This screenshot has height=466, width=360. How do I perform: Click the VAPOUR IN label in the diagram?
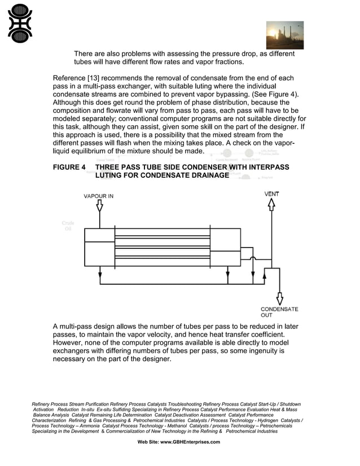point(98,196)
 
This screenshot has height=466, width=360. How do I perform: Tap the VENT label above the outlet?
point(271,194)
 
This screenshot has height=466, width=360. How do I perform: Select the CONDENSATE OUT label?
point(279,312)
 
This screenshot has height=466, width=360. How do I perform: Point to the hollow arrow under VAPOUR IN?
point(99,206)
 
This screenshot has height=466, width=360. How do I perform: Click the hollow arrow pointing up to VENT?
point(271,204)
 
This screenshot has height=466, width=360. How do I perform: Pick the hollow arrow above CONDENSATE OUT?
point(279,297)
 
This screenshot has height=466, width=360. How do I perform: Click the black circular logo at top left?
point(20,23)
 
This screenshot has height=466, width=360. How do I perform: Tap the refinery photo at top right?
point(284,35)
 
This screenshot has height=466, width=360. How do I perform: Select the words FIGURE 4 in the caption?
point(69,168)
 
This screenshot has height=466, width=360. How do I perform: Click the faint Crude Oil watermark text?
point(68,226)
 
